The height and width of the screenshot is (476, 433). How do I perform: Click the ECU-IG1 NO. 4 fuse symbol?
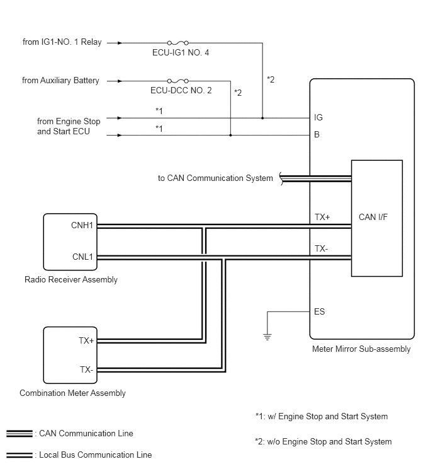(x=178, y=43)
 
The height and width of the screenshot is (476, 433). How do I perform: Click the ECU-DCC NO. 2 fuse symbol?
(x=178, y=81)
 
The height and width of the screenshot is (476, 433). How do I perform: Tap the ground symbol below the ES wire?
(x=267, y=337)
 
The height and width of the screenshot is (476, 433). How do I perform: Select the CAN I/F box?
(x=377, y=218)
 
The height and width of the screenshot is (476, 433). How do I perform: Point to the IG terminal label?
(x=318, y=117)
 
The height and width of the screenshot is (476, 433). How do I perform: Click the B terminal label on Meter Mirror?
(x=317, y=134)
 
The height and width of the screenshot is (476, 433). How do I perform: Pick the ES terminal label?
(x=319, y=312)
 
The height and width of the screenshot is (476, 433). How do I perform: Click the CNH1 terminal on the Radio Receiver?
(x=82, y=225)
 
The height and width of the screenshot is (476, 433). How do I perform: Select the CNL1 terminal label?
(x=82, y=257)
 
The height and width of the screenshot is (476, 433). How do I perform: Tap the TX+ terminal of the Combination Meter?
(x=86, y=340)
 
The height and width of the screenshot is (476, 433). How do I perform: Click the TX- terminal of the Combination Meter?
(x=86, y=369)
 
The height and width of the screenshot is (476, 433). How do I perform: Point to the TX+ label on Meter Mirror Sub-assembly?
(x=322, y=217)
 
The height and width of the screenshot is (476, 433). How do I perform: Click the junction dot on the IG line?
(x=262, y=118)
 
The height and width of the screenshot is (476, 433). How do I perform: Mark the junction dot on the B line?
(x=230, y=135)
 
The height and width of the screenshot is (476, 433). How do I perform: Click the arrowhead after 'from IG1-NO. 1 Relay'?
(x=120, y=43)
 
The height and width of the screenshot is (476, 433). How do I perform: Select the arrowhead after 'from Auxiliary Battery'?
(x=120, y=81)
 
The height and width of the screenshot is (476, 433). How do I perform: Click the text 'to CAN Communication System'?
(x=215, y=178)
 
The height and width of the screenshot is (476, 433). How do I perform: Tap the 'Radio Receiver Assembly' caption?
(x=71, y=279)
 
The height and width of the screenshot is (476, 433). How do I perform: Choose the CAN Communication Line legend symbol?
(x=20, y=434)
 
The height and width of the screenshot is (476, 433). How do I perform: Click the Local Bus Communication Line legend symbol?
(x=20, y=455)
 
